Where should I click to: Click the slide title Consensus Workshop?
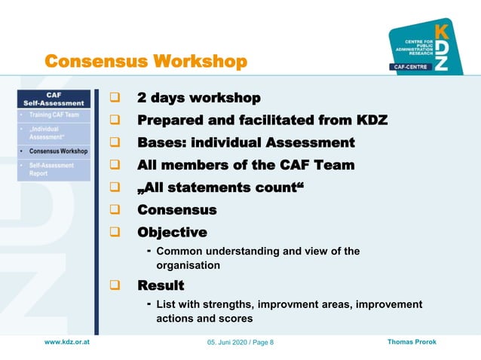tap(146, 60)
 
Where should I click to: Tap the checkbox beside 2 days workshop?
tap(115, 98)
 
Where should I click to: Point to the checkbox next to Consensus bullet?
tap(115, 210)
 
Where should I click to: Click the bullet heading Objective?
tap(172, 232)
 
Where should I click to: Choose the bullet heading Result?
tap(161, 285)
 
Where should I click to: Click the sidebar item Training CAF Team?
tap(54, 115)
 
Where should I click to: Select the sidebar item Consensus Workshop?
tap(58, 151)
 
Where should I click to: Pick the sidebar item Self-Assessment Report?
tap(51, 169)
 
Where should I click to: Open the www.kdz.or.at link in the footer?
tap(67, 343)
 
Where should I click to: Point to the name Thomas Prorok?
tap(412, 343)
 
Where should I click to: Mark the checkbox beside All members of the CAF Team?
tap(115, 165)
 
